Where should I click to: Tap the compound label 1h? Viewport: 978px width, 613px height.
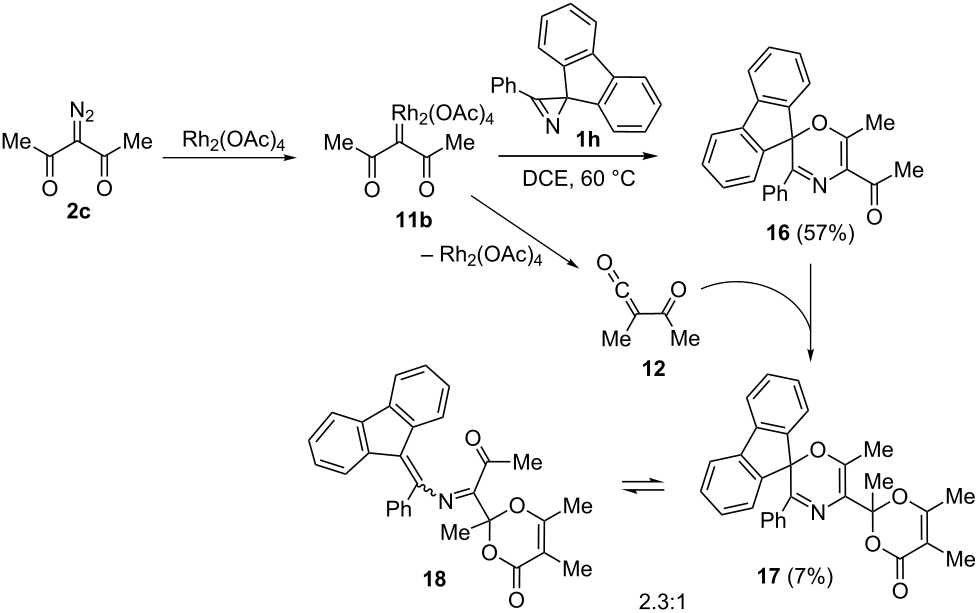pyautogui.click(x=587, y=138)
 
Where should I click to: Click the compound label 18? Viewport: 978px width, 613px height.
pyautogui.click(x=434, y=579)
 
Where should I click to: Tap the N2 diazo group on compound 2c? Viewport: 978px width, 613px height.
pyautogui.click(x=82, y=113)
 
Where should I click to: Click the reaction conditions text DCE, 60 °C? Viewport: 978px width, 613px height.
pyautogui.click(x=578, y=180)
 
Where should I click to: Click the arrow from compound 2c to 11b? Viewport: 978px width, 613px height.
pyautogui.click(x=228, y=157)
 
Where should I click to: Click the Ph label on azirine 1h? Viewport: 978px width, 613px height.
pyautogui.click(x=506, y=85)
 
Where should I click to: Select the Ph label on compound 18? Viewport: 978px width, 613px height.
pyautogui.click(x=399, y=509)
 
